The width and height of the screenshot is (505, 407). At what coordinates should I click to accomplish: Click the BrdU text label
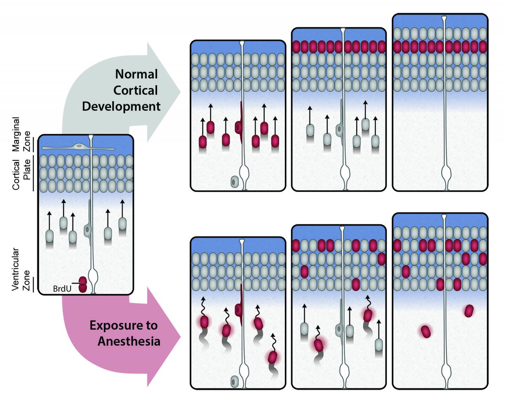pos(62,289)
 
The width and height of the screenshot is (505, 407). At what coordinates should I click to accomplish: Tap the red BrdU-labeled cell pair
pos(83,284)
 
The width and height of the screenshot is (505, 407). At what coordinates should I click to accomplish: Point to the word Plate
pos(27,169)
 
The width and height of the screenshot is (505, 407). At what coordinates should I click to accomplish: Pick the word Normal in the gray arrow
pos(136,74)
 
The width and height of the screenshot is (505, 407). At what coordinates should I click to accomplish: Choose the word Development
pos(121,106)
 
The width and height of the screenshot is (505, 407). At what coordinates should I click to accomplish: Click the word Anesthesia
pos(129,341)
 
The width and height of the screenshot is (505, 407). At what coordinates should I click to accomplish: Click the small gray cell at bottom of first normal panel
pos(234,182)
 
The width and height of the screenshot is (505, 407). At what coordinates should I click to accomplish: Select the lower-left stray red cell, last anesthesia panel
pos(426,332)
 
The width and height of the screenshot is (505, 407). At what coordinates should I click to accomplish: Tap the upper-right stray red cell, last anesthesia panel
pos(469,311)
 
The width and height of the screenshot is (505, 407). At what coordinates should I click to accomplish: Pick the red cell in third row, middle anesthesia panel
pos(304,271)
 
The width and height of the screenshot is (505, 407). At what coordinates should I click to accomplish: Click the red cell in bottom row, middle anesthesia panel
pos(356,284)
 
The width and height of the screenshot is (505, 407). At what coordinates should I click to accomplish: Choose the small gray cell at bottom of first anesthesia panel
pos(234,381)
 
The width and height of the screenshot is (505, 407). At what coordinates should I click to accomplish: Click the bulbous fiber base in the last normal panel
pos(446,174)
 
